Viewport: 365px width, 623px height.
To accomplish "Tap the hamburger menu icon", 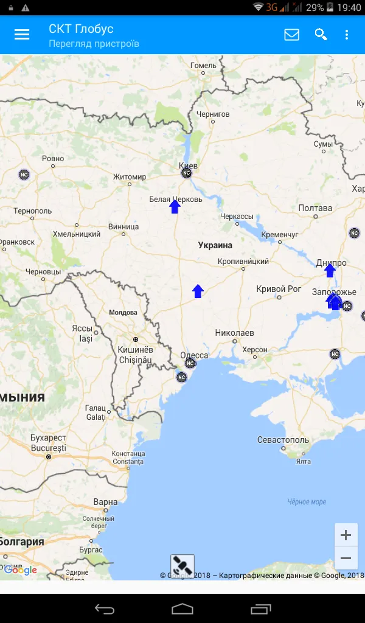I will [x=22, y=35].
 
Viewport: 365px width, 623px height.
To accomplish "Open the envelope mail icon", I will [x=292, y=35].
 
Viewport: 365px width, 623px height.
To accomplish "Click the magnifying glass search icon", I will [x=321, y=35].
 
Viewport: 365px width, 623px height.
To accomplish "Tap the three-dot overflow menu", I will [x=347, y=35].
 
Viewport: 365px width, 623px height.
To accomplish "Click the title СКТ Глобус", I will [x=81, y=29].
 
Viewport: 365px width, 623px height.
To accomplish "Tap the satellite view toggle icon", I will [x=182, y=566].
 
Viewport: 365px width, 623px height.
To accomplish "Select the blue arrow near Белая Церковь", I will [x=175, y=207].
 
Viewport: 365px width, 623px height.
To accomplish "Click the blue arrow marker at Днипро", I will [x=330, y=270].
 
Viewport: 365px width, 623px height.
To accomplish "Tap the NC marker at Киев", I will [x=187, y=173].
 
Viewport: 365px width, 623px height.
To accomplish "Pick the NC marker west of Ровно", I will [x=24, y=174].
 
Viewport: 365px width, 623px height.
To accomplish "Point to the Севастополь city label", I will [x=283, y=440].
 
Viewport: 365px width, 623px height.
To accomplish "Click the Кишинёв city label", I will [x=136, y=350].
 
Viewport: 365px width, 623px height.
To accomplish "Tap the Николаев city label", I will [x=234, y=333].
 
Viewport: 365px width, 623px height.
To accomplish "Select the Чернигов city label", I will [x=213, y=114].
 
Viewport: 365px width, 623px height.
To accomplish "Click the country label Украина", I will [x=215, y=245].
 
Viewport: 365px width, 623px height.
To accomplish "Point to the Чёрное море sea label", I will [x=307, y=502].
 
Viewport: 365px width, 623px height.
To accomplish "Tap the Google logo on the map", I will [x=21, y=570].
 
